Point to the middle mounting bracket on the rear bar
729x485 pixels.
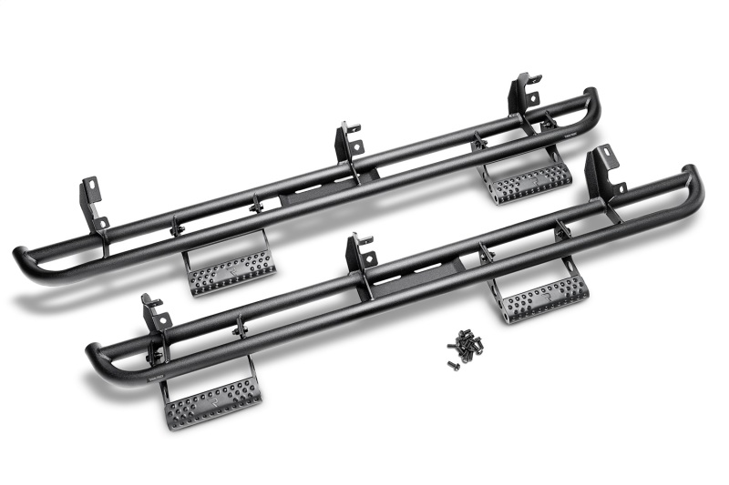pyautogui.click(x=349, y=143)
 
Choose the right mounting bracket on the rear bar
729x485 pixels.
pyautogui.click(x=524, y=94)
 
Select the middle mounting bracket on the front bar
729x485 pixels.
pyautogui.click(x=361, y=254)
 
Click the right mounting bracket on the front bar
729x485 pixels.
pyautogui.click(x=603, y=169)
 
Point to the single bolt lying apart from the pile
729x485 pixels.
pyautogui.click(x=452, y=364)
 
